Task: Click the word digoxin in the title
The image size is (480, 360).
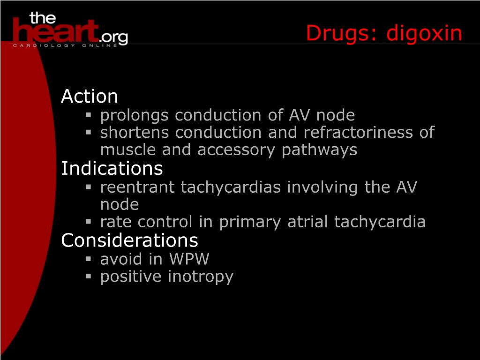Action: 424,33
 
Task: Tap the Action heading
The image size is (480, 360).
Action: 90,96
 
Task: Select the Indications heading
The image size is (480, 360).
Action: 112,168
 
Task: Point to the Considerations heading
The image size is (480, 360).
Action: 129,240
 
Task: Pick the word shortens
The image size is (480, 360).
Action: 135,133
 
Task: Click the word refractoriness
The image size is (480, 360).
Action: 358,132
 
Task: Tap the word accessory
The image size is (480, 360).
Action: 236,150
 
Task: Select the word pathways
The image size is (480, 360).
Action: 319,150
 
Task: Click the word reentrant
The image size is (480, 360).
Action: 137,187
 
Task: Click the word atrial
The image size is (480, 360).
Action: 307,221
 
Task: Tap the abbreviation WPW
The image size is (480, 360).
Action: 189,259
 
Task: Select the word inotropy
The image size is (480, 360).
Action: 201,277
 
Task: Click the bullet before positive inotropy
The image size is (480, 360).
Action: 89,277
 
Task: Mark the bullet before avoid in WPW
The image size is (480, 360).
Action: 89,259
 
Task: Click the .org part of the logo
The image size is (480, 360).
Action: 113,37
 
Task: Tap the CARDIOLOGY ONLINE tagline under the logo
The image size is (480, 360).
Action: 65,45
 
